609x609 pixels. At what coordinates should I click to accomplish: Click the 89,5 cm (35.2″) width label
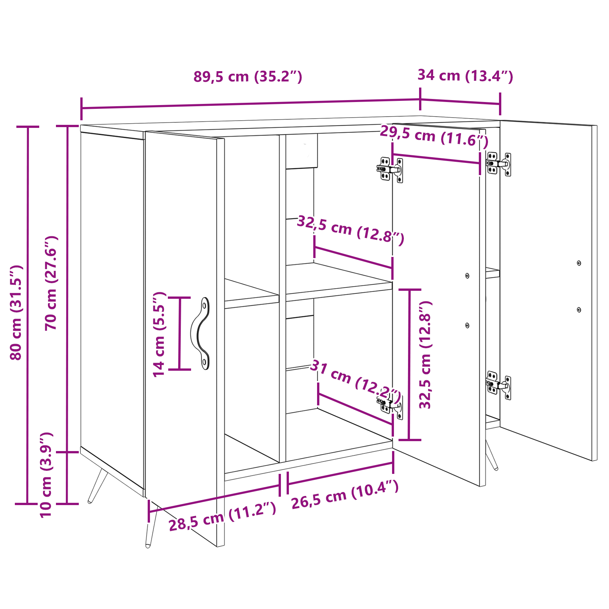click(248, 77)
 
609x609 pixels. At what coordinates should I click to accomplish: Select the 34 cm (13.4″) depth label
click(466, 75)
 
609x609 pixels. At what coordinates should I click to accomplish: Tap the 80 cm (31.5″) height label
click(16, 312)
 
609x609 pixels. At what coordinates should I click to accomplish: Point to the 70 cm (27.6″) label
click(51, 283)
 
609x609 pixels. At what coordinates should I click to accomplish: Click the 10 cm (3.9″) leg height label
click(46, 475)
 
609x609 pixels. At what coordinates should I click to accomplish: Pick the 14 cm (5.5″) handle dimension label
click(159, 334)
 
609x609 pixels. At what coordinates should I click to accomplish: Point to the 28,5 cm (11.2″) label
click(222, 517)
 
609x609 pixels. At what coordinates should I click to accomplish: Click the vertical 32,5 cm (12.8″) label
click(425, 355)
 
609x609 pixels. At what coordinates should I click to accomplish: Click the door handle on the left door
click(201, 333)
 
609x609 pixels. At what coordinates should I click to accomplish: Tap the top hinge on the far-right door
click(499, 164)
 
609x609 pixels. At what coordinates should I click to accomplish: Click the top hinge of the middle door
click(390, 170)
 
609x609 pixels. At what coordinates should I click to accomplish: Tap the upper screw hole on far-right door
click(579, 263)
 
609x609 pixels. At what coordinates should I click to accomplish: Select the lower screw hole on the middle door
click(467, 325)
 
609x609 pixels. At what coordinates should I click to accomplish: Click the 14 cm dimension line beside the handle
click(180, 333)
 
